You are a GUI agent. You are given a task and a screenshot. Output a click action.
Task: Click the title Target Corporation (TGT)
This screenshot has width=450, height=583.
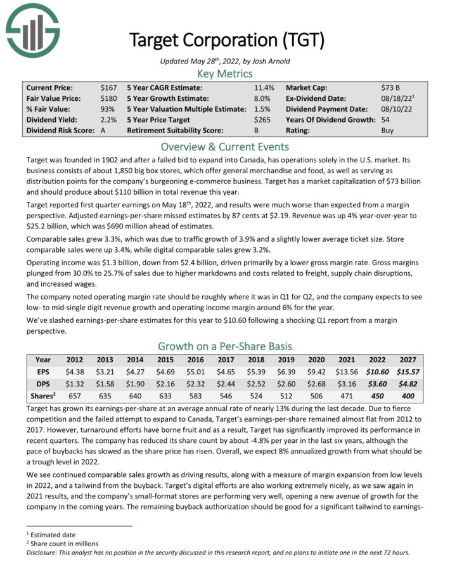226,40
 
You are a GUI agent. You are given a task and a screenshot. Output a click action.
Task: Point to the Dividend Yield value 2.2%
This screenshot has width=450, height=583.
108,119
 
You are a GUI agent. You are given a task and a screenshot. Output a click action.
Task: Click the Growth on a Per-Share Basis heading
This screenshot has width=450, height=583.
225,346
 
